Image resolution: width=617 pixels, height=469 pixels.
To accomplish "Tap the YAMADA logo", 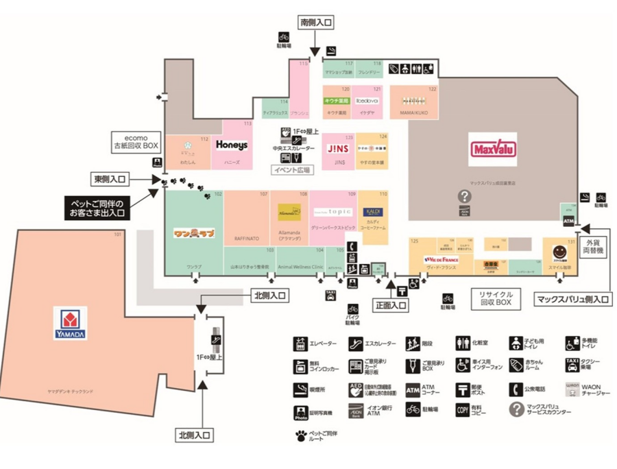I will pyautogui.click(x=69, y=324).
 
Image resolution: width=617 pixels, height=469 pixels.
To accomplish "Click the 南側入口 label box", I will pyautogui.click(x=315, y=23).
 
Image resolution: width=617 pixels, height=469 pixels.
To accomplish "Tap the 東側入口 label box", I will pyautogui.click(x=110, y=179).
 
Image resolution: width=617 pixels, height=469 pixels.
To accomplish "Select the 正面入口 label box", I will pyautogui.click(x=390, y=306).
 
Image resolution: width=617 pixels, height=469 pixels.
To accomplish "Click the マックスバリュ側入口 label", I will pyautogui.click(x=573, y=299).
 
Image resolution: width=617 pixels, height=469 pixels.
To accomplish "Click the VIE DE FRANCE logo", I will pyautogui.click(x=441, y=260).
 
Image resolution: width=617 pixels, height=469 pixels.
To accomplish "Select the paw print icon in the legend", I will pyautogui.click(x=300, y=435).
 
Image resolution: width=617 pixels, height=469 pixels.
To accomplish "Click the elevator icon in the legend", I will pyautogui.click(x=300, y=344).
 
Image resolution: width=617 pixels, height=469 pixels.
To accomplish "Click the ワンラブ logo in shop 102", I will pyautogui.click(x=193, y=233).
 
